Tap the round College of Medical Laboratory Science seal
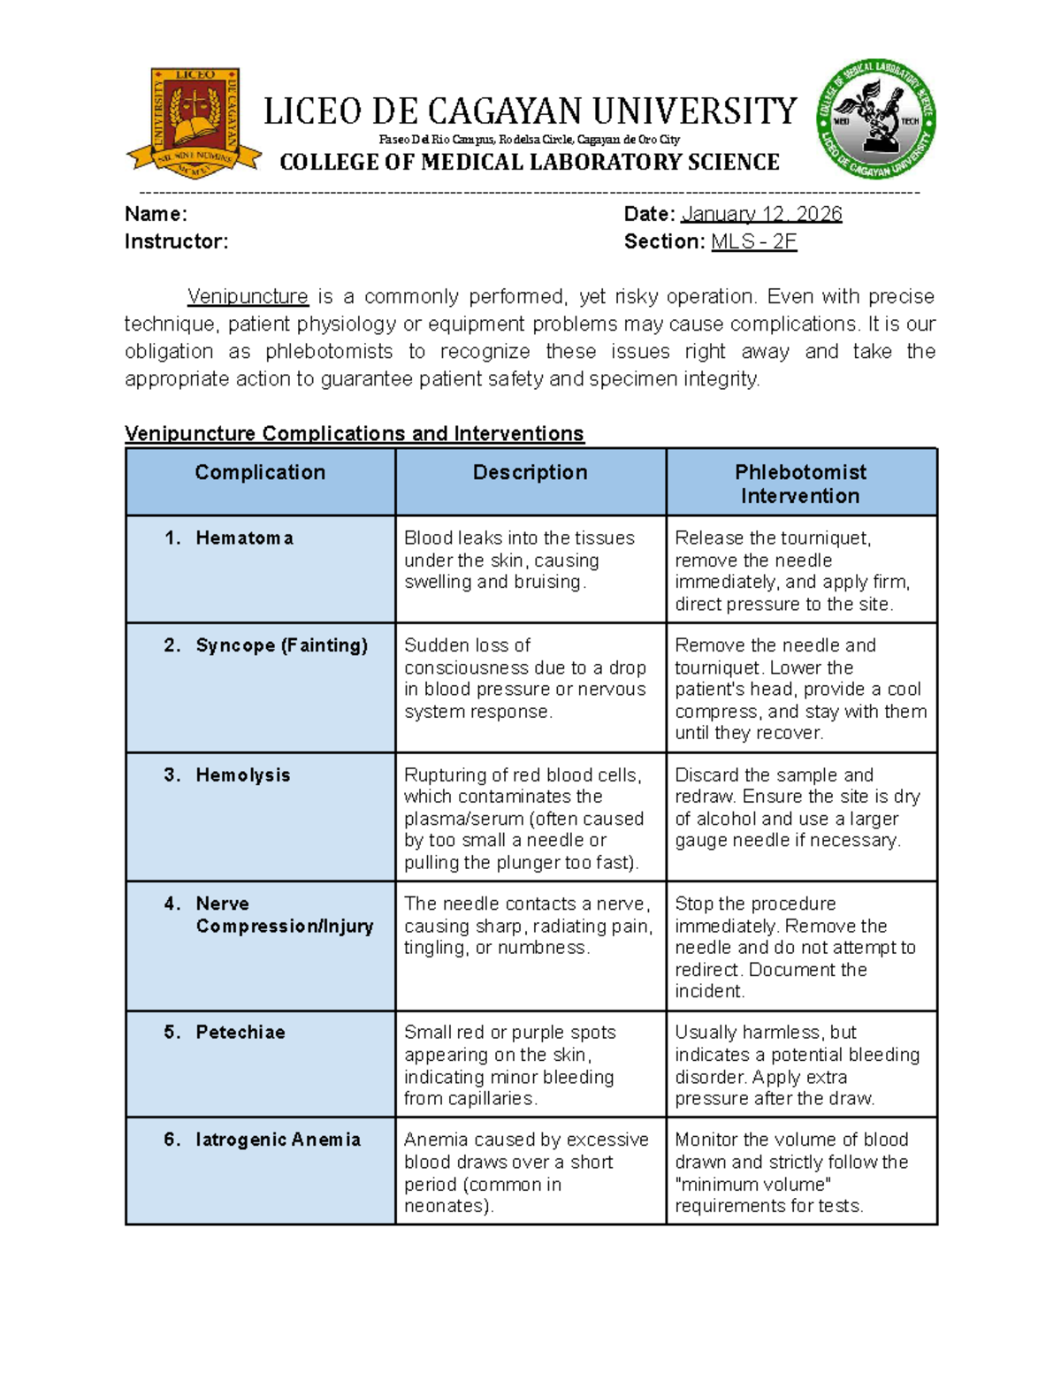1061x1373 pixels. (x=875, y=121)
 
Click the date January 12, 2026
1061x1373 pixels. (x=760, y=214)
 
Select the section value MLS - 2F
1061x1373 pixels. (x=753, y=241)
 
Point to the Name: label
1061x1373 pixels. (x=156, y=214)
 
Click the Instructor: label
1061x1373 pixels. (x=176, y=241)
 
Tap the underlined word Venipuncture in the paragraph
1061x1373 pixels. (x=248, y=296)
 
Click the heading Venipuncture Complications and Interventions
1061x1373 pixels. (x=354, y=433)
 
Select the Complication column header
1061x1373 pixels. (x=260, y=472)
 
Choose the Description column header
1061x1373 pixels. (x=530, y=472)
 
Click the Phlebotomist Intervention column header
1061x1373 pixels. (x=800, y=484)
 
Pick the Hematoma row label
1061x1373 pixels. (x=244, y=538)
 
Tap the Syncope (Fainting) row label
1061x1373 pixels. (x=281, y=645)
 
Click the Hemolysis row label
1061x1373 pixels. (x=242, y=774)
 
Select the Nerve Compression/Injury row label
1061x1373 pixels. (x=284, y=915)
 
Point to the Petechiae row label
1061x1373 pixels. (x=240, y=1032)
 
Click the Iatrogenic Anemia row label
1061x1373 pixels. (x=278, y=1140)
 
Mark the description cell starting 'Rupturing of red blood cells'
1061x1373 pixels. (x=525, y=818)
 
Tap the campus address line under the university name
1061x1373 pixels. (x=530, y=140)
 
